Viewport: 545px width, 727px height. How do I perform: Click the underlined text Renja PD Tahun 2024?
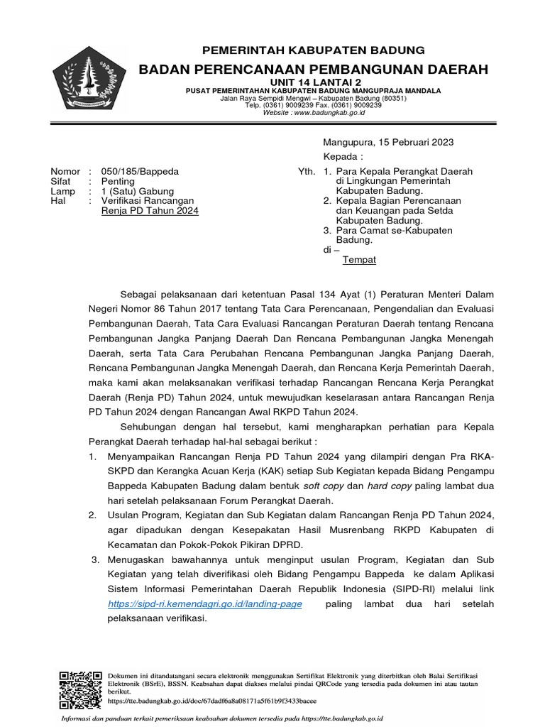[150, 212]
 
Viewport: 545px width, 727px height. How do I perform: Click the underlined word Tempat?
[359, 260]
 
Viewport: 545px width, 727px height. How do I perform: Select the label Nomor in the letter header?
[65, 172]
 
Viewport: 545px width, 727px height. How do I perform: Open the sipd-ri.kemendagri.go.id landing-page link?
[205, 604]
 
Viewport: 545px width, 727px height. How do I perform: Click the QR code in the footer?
[78, 687]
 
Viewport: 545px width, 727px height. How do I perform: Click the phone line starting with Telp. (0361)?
[313, 105]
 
